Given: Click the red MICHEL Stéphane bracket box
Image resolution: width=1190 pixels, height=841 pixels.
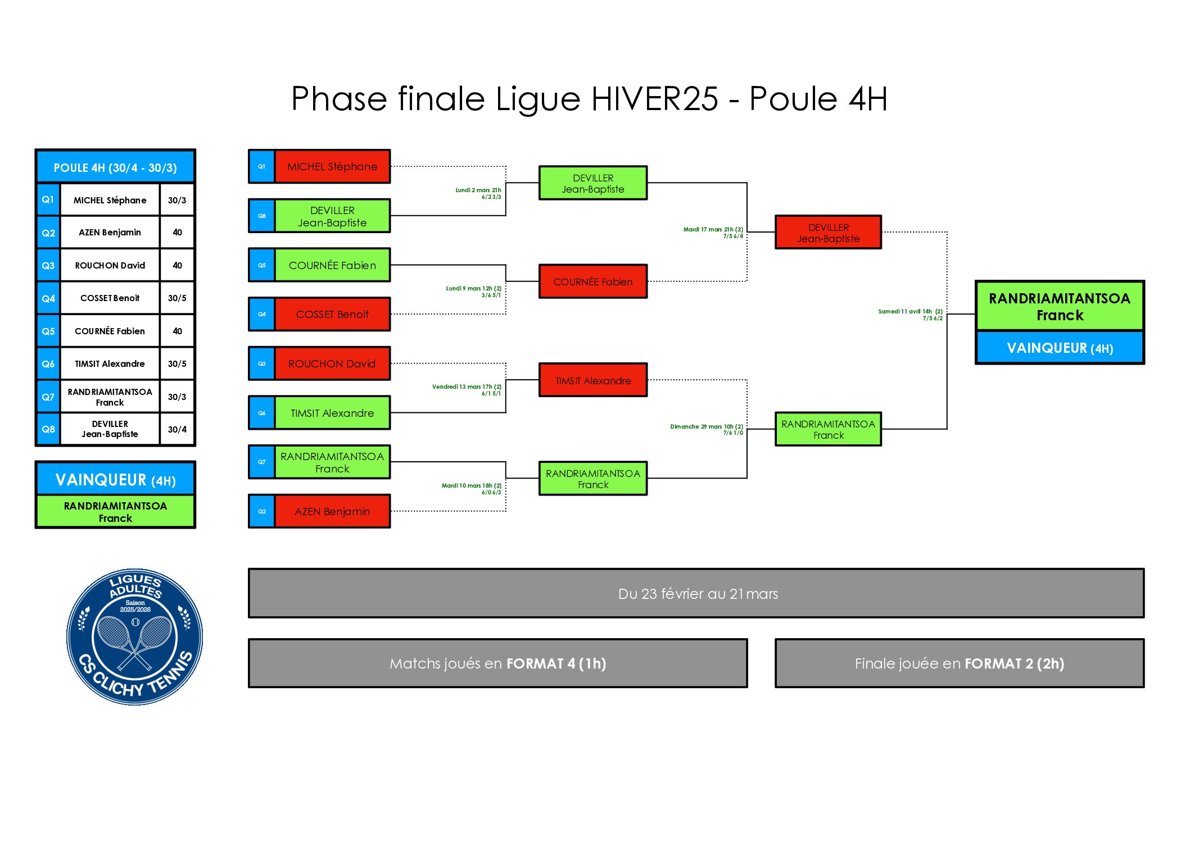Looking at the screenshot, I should [332, 166].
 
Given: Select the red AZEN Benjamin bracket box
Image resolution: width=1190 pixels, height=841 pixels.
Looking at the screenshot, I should [332, 511].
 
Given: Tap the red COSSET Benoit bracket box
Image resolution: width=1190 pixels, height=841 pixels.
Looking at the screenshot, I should [332, 314].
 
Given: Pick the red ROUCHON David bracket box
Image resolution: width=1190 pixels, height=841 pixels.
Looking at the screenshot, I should [332, 363].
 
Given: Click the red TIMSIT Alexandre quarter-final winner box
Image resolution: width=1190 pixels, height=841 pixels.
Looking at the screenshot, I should [593, 380].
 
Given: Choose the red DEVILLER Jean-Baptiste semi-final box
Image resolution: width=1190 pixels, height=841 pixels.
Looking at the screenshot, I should [828, 232].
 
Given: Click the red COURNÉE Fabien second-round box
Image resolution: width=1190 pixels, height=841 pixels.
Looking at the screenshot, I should [593, 281].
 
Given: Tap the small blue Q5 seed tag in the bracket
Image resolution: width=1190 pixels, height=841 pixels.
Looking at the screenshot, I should [262, 265].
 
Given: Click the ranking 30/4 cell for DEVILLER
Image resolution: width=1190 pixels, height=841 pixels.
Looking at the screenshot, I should [177, 430].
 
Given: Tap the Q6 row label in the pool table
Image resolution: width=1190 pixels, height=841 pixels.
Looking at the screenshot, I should [48, 364].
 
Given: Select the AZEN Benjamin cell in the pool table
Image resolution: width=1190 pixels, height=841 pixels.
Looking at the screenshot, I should [110, 233].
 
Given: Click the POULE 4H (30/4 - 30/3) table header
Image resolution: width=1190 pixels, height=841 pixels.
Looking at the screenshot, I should [115, 167].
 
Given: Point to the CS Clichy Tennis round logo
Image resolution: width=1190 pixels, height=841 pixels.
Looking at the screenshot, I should [135, 637].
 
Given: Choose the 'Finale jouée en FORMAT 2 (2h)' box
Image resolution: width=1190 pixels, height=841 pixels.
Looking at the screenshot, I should [959, 663].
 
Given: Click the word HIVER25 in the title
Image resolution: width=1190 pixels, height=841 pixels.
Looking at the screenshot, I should [655, 99].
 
